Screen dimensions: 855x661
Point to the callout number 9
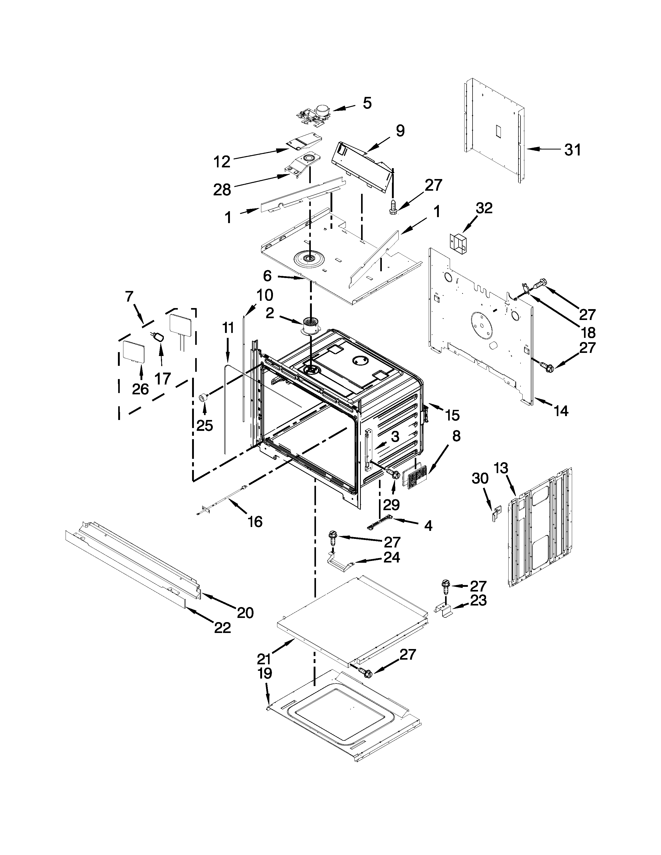pos(399,131)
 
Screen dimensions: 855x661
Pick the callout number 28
pos(222,190)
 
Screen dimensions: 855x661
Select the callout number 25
pos(205,425)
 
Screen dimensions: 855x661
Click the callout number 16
pos(255,522)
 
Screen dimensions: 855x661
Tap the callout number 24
pos(392,557)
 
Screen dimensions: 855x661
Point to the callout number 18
pos(588,332)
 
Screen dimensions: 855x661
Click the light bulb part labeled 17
pos(159,336)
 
